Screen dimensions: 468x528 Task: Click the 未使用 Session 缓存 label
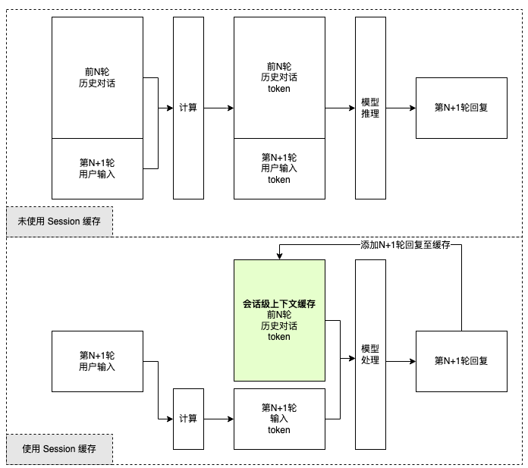[x=59, y=221]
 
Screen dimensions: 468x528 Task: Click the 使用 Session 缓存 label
[x=59, y=449]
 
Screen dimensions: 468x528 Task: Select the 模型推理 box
[x=370, y=108]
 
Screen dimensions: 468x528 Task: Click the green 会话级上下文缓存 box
[x=279, y=320]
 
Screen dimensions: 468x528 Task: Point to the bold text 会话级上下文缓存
[x=279, y=303]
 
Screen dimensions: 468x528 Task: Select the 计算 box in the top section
[x=188, y=108]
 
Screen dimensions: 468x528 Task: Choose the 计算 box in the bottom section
[x=188, y=418]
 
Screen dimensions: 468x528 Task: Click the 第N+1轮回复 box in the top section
[x=461, y=108]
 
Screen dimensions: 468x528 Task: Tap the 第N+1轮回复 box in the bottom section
[x=461, y=361]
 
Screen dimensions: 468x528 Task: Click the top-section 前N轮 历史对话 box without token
[x=97, y=77]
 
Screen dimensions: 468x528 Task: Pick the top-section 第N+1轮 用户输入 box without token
[x=97, y=168]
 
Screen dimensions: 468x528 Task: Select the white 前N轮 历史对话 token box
[x=279, y=77]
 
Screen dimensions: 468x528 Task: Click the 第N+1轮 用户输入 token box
[x=279, y=168]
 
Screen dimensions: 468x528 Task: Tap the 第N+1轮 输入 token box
[x=279, y=418]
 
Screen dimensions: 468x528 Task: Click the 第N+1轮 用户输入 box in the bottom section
[x=97, y=361]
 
